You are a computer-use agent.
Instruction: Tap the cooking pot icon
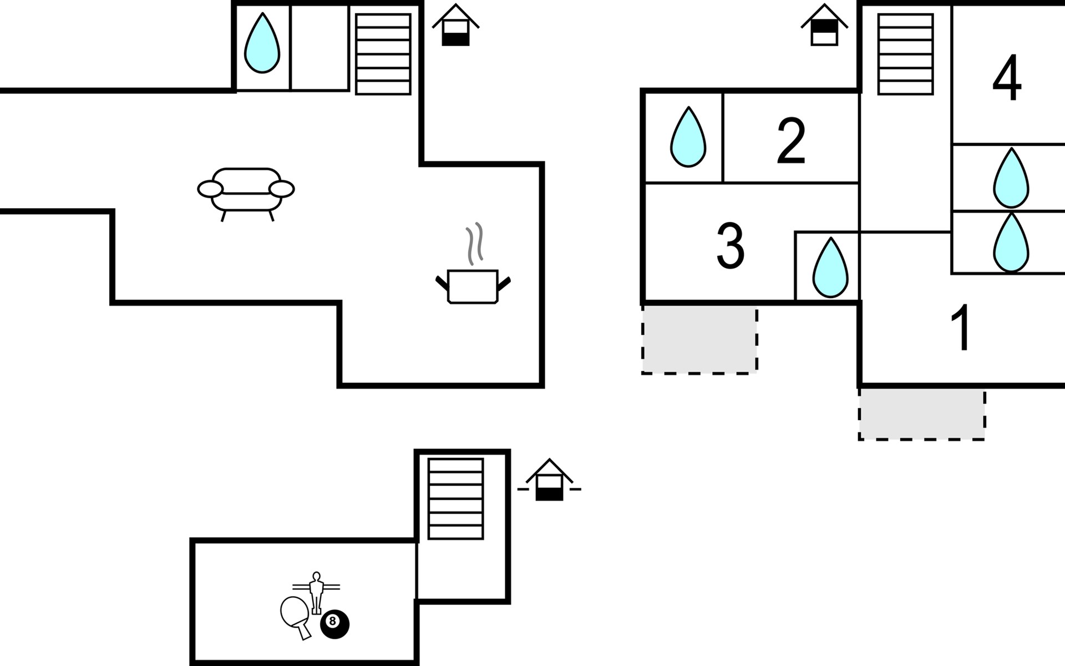pyautogui.click(x=473, y=286)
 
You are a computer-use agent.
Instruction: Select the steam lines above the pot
pyautogui.click(x=474, y=244)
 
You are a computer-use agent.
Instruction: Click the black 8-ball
pyautogui.click(x=335, y=623)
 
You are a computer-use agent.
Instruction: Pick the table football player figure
pyautogui.click(x=316, y=592)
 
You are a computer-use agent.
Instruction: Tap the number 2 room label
pyautogui.click(x=791, y=142)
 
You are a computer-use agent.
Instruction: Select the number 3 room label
pyautogui.click(x=730, y=245)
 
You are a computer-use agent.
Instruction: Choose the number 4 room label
pyautogui.click(x=1007, y=78)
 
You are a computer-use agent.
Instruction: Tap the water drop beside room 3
pyautogui.click(x=830, y=268)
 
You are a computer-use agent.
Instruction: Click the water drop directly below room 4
pyautogui.click(x=1011, y=178)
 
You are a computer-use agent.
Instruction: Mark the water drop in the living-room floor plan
pyautogui.click(x=262, y=43)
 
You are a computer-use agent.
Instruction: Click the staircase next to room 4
pyautogui.click(x=905, y=54)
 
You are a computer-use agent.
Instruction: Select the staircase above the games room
pyautogui.click(x=455, y=498)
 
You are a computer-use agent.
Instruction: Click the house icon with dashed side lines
pyautogui.click(x=549, y=481)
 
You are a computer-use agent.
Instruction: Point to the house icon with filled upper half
pyautogui.click(x=824, y=26)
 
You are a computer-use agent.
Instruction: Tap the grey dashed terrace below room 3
pyautogui.click(x=699, y=340)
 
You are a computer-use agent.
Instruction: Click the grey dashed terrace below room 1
pyautogui.click(x=922, y=414)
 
